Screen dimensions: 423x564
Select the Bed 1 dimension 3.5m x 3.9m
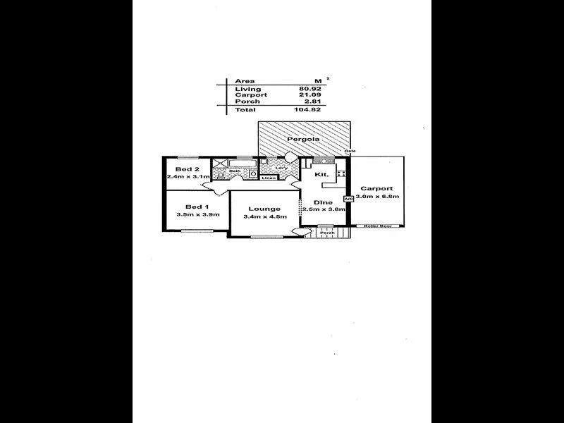(x=198, y=214)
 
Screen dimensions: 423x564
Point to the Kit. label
(x=321, y=173)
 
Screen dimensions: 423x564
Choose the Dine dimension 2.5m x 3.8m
(x=324, y=209)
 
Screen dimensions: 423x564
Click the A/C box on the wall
(x=348, y=200)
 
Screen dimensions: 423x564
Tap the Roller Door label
(x=378, y=226)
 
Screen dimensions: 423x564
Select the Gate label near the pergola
(x=349, y=152)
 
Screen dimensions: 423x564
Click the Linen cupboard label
(x=269, y=178)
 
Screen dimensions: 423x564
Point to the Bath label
(x=235, y=171)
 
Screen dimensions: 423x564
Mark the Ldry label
(x=280, y=167)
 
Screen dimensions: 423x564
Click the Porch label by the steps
(x=326, y=233)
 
